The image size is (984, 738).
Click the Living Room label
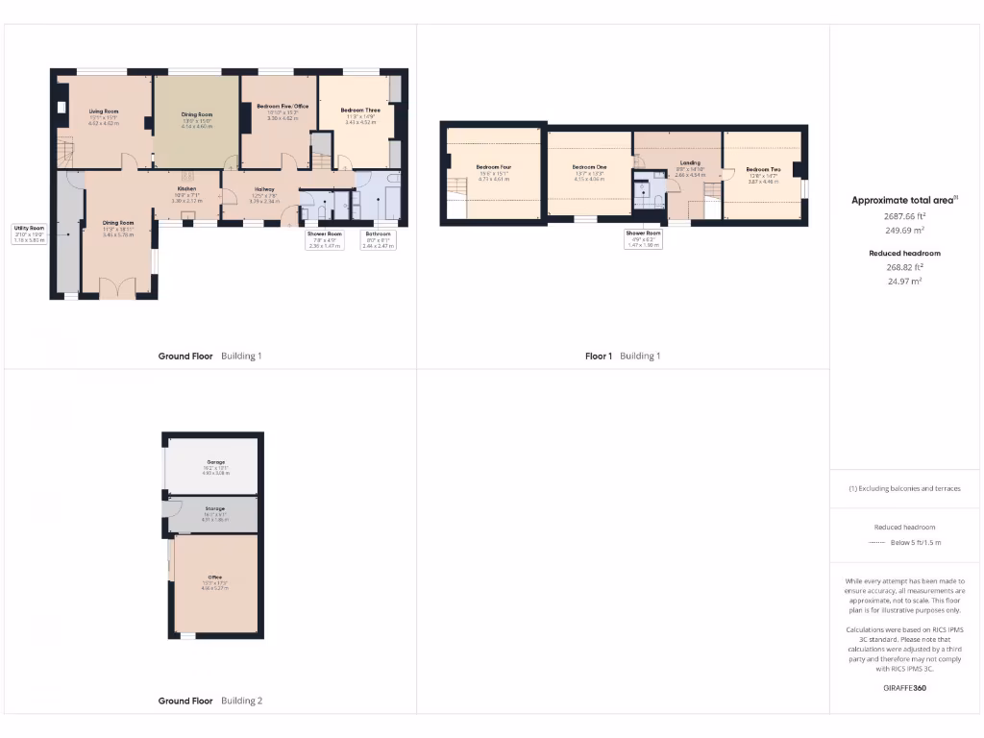(x=104, y=111)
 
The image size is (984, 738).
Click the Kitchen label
(x=187, y=188)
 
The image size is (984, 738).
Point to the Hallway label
(x=264, y=189)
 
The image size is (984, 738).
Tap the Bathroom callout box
(x=378, y=239)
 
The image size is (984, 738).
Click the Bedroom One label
(x=589, y=167)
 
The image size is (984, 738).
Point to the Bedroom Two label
(x=763, y=168)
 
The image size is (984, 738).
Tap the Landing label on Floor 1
(x=689, y=162)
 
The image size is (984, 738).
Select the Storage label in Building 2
(x=213, y=508)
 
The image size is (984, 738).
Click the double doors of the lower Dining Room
(x=118, y=288)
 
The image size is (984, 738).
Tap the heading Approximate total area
(x=904, y=201)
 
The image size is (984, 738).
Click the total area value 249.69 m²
(x=904, y=231)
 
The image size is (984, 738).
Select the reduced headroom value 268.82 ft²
(x=904, y=268)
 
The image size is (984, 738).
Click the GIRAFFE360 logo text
(x=904, y=688)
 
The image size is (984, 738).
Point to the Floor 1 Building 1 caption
(x=623, y=357)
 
